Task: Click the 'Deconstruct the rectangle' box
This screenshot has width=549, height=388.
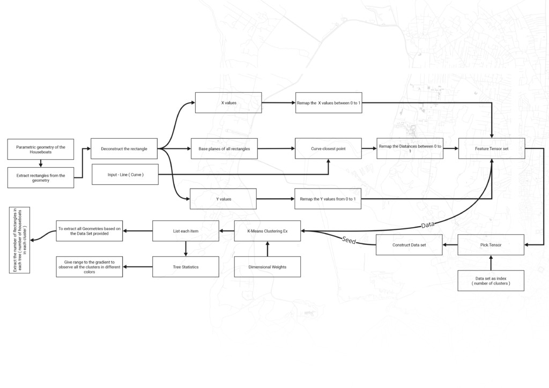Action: point(124,148)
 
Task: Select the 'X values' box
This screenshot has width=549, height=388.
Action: point(228,103)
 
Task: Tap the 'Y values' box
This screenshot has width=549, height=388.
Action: point(223,199)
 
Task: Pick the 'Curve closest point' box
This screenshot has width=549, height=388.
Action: point(329,148)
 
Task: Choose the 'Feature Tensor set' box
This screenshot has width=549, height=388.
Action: point(492,148)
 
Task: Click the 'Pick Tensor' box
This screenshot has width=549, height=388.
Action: point(491,245)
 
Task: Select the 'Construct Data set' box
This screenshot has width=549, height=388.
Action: point(409,245)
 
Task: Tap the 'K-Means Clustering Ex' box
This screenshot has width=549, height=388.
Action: point(268,231)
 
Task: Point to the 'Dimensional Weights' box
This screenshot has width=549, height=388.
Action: point(268,267)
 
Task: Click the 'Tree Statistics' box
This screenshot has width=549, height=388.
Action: point(186,267)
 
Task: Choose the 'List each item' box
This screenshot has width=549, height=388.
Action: point(186,231)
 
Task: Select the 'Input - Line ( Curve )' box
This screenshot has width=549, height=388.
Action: point(125,174)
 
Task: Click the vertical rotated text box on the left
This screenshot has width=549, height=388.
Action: point(20,240)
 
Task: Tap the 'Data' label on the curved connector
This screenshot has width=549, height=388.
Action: point(427,225)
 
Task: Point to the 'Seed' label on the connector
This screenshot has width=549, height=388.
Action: point(348,240)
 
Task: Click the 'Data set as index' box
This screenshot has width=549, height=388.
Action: point(491,281)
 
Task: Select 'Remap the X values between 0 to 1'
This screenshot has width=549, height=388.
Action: point(329,103)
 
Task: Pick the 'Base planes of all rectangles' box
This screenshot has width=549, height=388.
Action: point(224,148)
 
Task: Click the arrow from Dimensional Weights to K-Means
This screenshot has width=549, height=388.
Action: point(268,249)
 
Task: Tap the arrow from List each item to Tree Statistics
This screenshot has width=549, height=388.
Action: point(186,249)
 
